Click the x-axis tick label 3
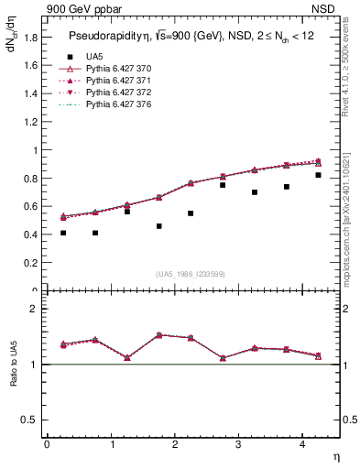point(239,444)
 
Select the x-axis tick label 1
point(112,444)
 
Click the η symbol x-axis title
point(335,455)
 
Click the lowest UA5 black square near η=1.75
point(158,226)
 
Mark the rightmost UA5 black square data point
point(318,175)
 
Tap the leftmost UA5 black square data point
point(63,233)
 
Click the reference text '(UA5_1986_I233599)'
point(191,274)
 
